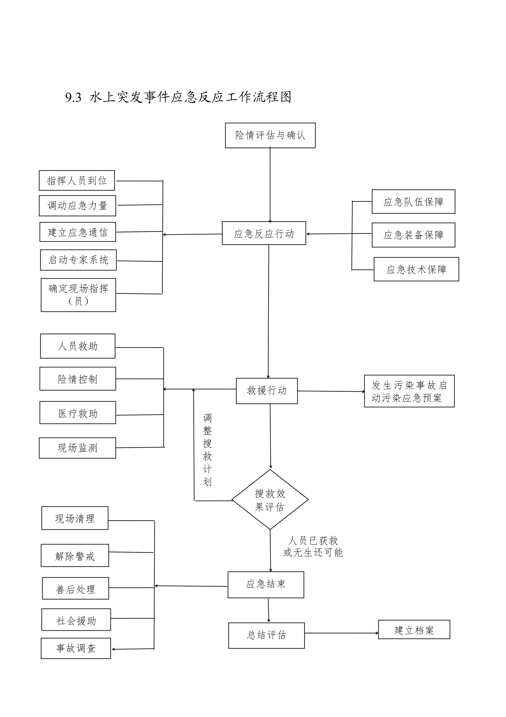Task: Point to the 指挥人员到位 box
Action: (77, 180)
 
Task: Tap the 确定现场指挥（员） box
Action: (78, 295)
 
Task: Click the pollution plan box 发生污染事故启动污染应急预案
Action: (409, 391)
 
